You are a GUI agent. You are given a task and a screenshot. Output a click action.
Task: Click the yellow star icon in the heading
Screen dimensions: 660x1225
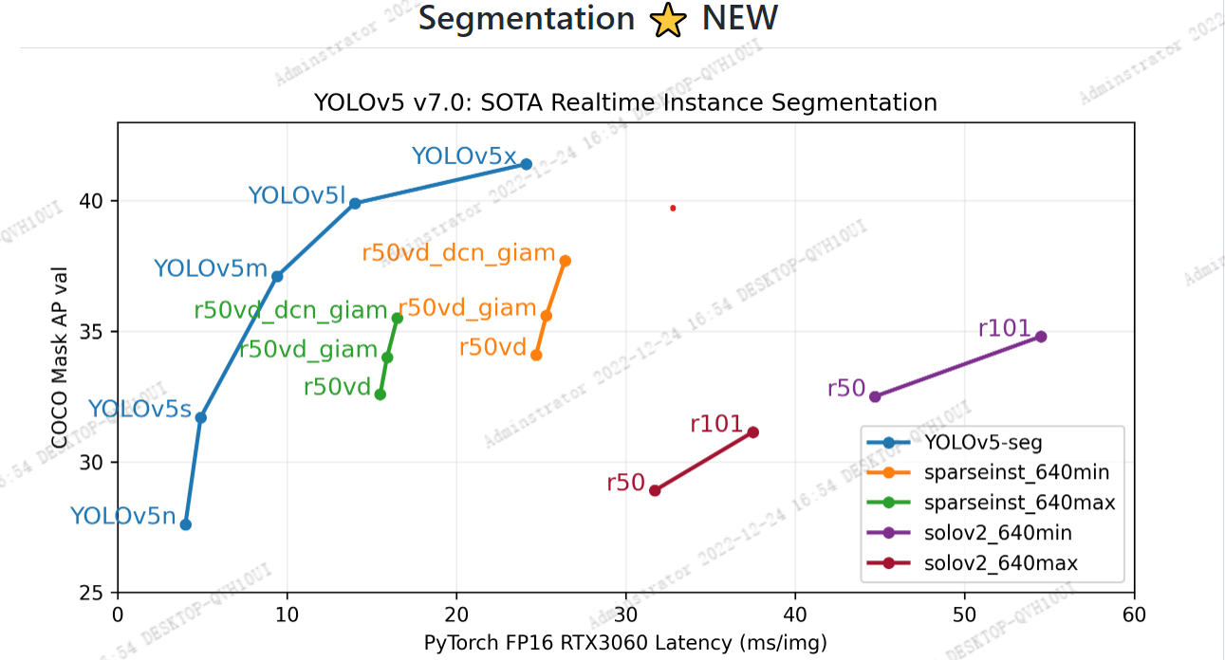(668, 20)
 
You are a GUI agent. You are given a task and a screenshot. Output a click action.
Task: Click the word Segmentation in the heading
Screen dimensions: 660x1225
(527, 19)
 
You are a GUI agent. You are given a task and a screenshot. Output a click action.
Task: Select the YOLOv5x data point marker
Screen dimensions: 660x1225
(527, 164)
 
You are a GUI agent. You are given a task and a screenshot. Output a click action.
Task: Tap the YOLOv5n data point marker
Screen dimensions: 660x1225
(186, 524)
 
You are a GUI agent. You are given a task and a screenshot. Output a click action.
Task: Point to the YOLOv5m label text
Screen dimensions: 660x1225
(211, 269)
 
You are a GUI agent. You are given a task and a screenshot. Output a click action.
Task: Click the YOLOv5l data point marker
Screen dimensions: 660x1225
(355, 203)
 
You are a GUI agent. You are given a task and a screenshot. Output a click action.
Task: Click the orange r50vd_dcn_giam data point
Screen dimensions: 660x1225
(566, 261)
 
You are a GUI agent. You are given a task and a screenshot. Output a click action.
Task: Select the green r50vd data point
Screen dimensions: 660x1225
(380, 394)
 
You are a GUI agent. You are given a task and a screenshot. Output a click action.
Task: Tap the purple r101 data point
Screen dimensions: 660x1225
(1041, 337)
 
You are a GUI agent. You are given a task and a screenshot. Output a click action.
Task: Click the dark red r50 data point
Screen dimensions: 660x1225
(655, 490)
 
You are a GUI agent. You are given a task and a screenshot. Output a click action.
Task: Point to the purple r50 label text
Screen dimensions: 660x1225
(845, 389)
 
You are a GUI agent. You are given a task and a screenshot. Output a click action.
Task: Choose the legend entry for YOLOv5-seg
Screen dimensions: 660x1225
(977, 442)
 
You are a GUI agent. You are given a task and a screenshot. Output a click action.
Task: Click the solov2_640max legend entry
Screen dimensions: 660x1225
(1000, 564)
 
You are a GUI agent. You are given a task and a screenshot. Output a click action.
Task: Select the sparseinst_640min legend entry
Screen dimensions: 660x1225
(1015, 472)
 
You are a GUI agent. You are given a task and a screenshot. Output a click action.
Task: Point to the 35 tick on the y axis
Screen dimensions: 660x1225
(99, 332)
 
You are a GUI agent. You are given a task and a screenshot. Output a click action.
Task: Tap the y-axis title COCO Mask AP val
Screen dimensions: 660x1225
(59, 357)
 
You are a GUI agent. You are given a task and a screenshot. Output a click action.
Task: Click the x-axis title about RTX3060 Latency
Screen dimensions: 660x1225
(625, 644)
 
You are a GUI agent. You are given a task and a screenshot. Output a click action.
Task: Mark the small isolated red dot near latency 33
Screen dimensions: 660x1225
(673, 208)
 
